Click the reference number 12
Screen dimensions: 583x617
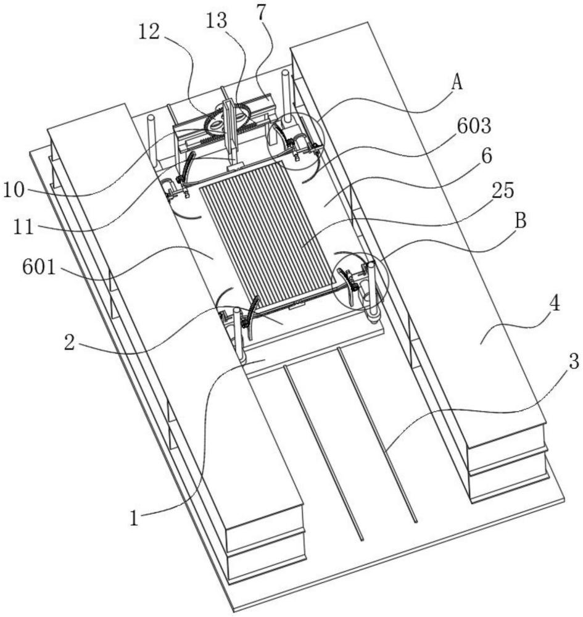tap(149, 31)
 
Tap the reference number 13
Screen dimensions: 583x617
tap(217, 20)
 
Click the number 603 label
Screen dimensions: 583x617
tap(474, 126)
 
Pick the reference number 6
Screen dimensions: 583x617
tap(486, 156)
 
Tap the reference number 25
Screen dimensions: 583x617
tap(503, 191)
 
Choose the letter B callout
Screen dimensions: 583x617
tap(521, 221)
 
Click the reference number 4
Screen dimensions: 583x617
tap(554, 304)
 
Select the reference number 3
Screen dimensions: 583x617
tap(574, 362)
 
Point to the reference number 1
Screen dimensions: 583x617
tap(134, 518)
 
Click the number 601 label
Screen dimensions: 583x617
tap(39, 268)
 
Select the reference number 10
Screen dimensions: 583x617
tap(14, 191)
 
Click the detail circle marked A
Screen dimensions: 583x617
tap(294, 141)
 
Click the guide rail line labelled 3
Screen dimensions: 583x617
tap(378, 435)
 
